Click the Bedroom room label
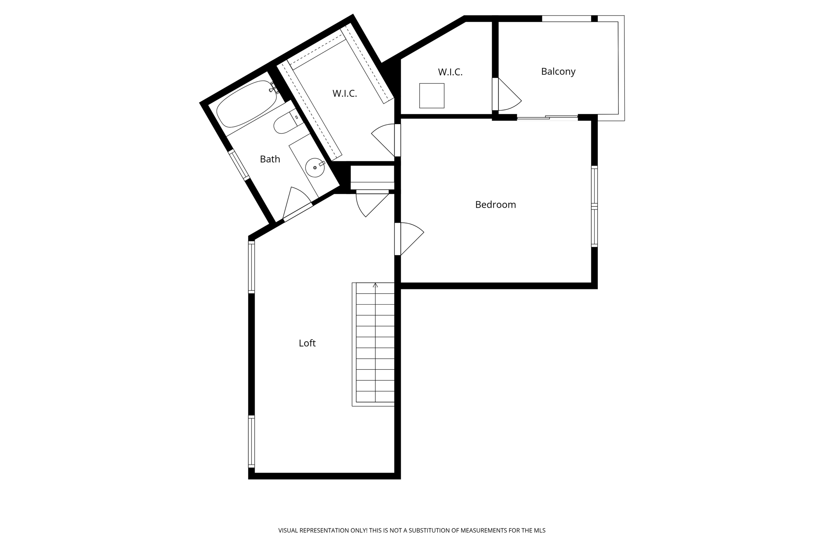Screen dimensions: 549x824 point(495,205)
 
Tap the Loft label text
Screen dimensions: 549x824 point(307,343)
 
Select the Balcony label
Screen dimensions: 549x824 point(558,72)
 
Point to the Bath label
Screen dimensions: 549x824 point(270,159)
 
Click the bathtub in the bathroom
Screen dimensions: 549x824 point(246,104)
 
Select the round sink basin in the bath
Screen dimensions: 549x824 point(315,168)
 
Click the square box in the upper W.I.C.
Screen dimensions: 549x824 point(432,96)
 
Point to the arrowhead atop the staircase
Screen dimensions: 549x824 point(375,285)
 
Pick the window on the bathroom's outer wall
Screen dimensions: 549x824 point(239,164)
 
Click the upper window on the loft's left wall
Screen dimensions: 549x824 point(251,267)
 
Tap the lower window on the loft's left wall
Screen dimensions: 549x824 point(251,441)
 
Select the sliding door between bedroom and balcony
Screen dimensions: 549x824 point(547,118)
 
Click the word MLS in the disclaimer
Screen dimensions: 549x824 point(540,531)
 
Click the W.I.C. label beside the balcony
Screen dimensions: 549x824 point(450,72)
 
